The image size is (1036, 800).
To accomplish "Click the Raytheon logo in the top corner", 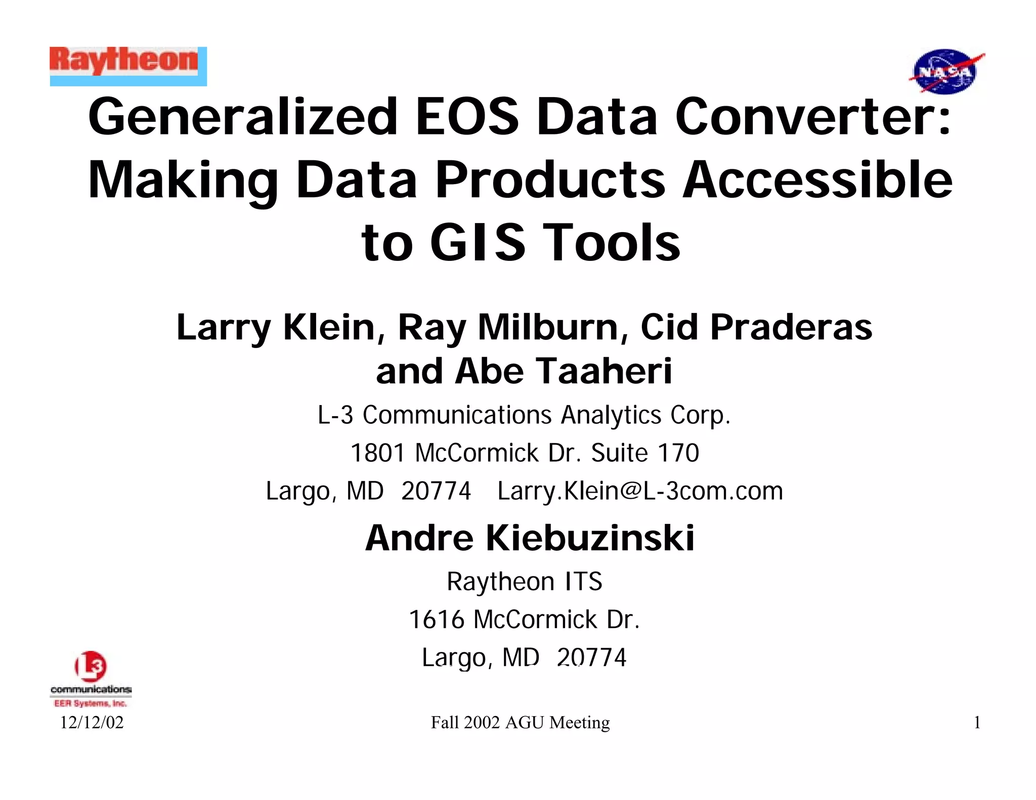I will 128,66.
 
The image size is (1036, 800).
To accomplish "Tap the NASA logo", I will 945,72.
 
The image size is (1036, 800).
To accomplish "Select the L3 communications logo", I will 91,678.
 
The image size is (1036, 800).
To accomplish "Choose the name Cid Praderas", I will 756,327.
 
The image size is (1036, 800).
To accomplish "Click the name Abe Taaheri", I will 563,371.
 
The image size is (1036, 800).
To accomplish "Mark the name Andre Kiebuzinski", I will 530,538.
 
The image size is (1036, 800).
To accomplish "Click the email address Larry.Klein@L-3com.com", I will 640,491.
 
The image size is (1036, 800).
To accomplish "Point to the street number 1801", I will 377,453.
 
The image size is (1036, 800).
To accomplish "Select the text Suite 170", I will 645,453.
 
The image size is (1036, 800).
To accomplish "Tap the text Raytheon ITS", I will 525,582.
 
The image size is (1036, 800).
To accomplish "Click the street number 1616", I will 436,619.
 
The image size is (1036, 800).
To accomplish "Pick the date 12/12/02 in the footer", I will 92,723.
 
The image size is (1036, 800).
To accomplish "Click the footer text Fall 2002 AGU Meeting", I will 520,723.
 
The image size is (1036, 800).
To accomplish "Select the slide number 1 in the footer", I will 977,723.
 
